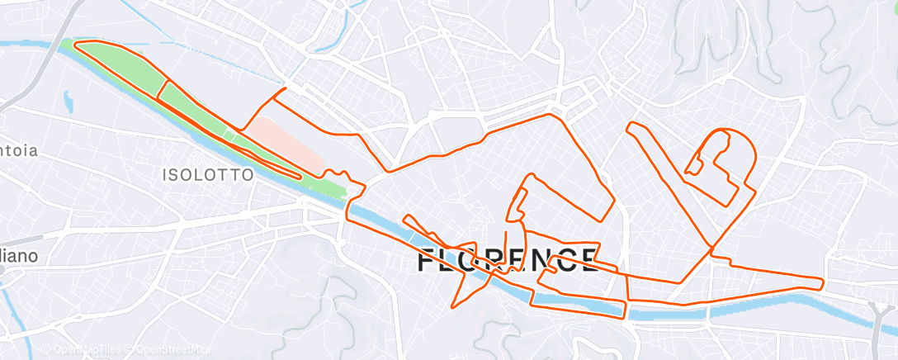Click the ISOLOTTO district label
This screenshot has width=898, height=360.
206,175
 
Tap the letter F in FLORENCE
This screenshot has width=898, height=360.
427,261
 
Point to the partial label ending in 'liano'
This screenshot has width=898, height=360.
18,256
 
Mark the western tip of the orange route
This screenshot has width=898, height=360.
76,44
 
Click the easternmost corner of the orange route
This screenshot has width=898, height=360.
823,282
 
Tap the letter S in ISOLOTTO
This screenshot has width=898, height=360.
178,175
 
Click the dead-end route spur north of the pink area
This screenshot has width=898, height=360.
285,88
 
